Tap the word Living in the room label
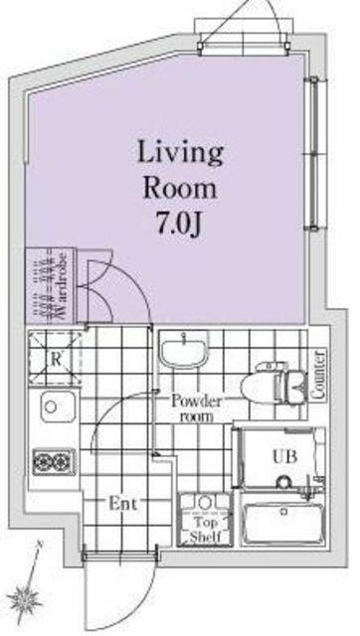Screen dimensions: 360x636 click(x=181, y=154)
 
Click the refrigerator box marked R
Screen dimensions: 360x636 click(x=56, y=358)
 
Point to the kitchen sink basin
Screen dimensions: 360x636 click(x=58, y=406)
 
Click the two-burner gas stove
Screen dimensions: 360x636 click(x=54, y=461)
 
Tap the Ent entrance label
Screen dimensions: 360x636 click(x=123, y=504)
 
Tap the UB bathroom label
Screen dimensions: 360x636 click(x=284, y=457)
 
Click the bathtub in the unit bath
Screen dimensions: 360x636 click(x=283, y=523)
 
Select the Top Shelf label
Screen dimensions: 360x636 click(x=206, y=529)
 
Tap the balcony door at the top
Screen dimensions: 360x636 click(x=244, y=48)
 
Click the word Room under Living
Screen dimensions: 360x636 click(x=180, y=189)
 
